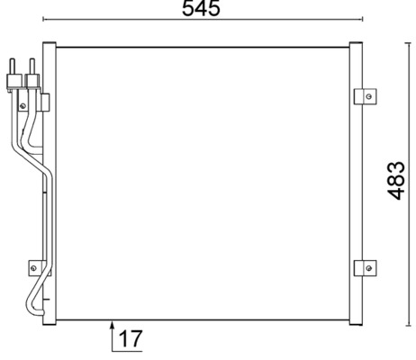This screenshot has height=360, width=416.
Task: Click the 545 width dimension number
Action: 201,10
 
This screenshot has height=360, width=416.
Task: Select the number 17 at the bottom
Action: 130,339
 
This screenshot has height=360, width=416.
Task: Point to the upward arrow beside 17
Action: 113,331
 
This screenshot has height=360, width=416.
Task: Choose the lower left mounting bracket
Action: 35,266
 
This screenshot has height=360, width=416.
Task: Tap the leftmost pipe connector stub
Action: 13,69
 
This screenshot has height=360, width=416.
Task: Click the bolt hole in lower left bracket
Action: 34,266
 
